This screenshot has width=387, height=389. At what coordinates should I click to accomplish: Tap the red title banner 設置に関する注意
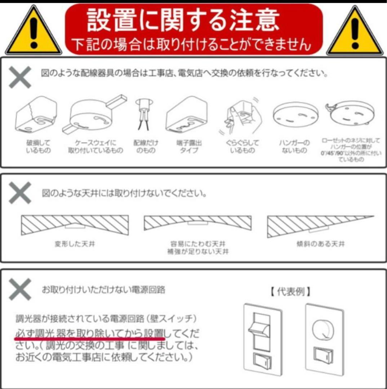coord(194,29)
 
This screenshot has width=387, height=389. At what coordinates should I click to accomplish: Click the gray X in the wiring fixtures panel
coord(20,77)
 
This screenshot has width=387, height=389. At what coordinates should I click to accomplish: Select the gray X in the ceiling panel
coord(20,193)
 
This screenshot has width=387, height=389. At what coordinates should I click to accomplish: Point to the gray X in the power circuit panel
coord(20,289)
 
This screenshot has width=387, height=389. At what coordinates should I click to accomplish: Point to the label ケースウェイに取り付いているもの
coord(95,147)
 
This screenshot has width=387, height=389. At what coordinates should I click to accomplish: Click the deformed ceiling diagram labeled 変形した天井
coord(75,224)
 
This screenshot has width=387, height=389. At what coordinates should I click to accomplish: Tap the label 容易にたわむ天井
coord(198,244)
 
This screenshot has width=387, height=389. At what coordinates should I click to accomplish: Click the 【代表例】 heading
coord(290,291)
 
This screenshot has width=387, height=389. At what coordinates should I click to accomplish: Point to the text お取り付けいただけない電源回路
coord(104,289)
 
